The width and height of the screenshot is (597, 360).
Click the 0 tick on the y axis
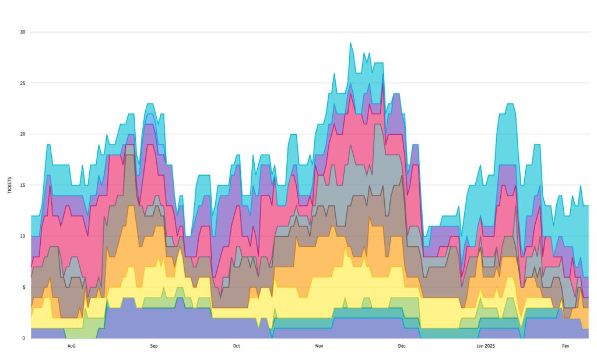point(24,338)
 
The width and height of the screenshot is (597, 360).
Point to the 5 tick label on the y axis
point(24,287)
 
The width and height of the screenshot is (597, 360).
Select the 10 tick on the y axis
point(23,236)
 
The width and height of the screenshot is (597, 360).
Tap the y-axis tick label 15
point(23,185)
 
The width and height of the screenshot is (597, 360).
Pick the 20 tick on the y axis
point(23,134)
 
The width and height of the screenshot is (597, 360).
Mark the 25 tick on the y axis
point(23,83)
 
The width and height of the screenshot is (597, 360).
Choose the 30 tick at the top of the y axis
point(23,32)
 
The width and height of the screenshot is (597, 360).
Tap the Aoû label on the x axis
point(71,346)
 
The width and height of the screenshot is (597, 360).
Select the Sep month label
point(154,346)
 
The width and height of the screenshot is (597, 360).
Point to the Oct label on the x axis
point(237,346)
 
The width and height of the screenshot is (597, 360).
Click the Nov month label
point(319,346)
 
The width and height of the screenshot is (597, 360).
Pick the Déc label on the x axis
point(402,346)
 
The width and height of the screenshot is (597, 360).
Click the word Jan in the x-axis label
point(480,346)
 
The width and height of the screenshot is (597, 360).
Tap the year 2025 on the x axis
point(490,346)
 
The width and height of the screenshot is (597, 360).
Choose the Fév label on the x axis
point(566,346)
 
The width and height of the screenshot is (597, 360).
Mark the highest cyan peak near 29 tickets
point(350,43)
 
